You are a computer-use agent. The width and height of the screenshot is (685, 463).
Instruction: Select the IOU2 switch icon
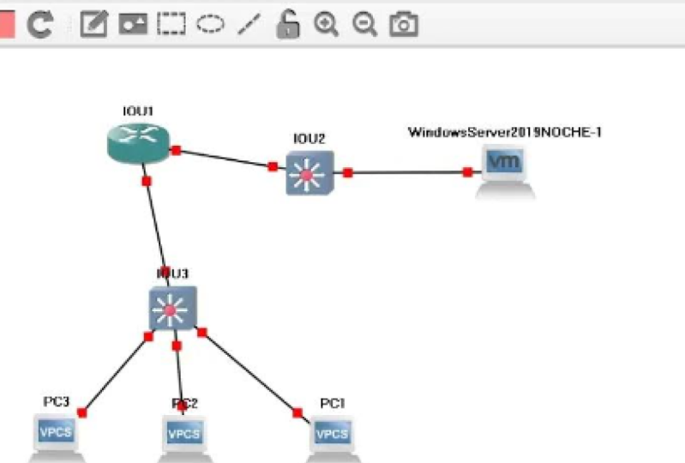tap(309, 173)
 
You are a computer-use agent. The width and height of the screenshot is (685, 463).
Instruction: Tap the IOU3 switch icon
tap(172, 307)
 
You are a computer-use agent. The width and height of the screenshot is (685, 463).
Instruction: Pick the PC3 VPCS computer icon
tap(57, 434)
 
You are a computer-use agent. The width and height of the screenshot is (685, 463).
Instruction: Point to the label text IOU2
tap(309, 138)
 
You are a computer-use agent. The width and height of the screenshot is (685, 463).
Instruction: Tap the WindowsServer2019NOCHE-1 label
tap(500, 132)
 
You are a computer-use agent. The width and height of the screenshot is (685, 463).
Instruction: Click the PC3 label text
tap(57, 401)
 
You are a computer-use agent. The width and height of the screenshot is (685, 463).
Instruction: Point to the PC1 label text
tap(333, 403)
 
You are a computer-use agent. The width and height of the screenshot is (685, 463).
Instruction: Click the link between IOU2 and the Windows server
tap(407, 172)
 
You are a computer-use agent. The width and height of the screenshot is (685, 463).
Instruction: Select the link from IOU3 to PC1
tap(249, 371)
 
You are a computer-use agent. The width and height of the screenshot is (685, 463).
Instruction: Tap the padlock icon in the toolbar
tap(287, 24)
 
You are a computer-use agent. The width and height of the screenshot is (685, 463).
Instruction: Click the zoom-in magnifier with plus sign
tap(325, 24)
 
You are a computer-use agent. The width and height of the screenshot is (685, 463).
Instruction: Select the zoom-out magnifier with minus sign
tap(364, 24)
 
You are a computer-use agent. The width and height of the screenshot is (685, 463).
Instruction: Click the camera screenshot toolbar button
tap(403, 24)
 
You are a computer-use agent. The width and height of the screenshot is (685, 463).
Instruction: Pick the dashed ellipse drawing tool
tap(210, 24)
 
